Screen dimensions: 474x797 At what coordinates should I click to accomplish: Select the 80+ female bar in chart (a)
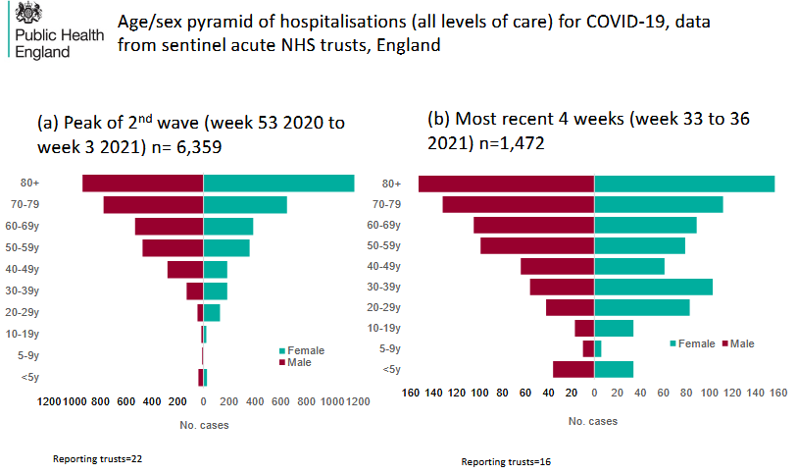point(278,184)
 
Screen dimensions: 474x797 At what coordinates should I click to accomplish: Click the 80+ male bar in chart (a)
point(142,184)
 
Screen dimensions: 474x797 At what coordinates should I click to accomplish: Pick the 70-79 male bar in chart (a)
point(153,204)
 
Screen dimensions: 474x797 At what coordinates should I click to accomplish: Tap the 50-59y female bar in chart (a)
point(226,247)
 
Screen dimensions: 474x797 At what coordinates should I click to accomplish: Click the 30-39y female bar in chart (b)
point(653,287)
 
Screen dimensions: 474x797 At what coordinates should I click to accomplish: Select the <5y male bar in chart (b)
point(573,369)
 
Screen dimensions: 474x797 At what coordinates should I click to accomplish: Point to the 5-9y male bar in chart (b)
point(588,348)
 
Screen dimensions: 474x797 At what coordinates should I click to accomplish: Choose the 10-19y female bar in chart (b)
point(614,328)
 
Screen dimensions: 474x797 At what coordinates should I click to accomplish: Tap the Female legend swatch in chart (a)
point(282,350)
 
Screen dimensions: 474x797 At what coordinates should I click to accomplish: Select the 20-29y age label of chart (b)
point(382,308)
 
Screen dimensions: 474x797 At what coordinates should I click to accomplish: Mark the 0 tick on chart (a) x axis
point(203,401)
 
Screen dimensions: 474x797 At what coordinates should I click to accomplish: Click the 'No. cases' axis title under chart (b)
point(592,421)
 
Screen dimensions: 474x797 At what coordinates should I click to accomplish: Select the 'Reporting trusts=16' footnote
point(506,461)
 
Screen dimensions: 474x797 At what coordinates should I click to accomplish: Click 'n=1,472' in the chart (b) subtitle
point(512,142)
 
